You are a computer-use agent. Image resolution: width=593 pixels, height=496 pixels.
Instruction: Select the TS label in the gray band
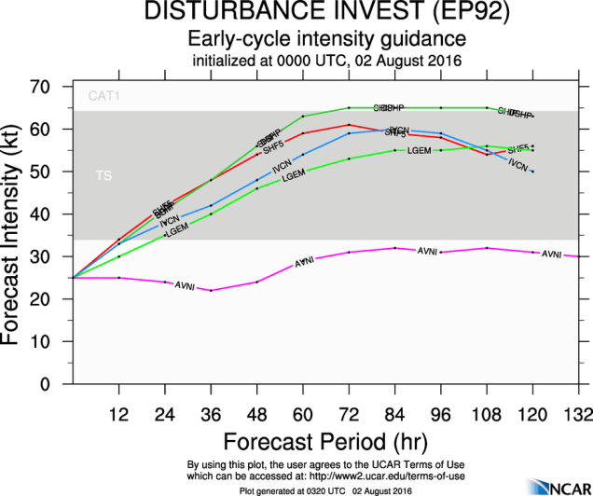103,175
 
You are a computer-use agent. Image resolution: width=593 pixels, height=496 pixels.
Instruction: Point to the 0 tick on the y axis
58,384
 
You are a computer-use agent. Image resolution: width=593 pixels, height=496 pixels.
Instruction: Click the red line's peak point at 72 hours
349,124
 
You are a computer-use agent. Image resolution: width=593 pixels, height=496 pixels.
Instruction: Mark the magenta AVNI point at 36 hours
211,290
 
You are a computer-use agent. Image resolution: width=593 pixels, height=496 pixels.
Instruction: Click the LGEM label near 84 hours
419,150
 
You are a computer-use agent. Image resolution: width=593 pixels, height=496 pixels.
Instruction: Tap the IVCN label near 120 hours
518,165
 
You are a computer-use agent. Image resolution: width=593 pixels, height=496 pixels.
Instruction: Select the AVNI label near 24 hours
186,283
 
